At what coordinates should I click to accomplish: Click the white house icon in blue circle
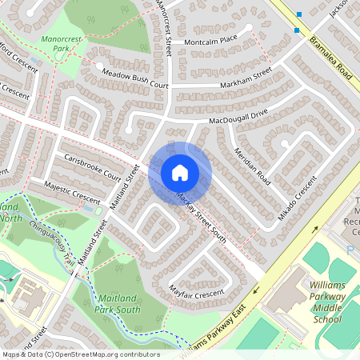(179, 173)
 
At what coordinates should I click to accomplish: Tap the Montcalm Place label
(210, 38)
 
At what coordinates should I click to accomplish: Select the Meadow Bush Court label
(134, 78)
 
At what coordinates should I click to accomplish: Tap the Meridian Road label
(250, 162)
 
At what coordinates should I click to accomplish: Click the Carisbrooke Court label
(92, 166)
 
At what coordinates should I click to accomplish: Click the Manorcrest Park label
(57, 42)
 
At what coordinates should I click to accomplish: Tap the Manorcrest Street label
(165, 28)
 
